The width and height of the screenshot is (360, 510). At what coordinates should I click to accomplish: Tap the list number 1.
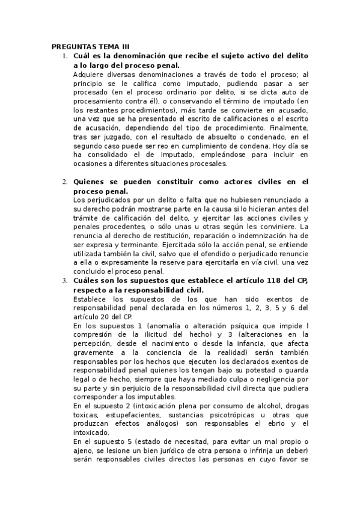tap(65, 55)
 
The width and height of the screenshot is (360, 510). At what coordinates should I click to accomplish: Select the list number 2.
tap(65, 181)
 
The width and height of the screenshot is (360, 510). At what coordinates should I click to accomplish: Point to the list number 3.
tap(65, 281)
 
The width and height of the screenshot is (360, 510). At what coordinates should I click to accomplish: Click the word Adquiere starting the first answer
tap(88, 74)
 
